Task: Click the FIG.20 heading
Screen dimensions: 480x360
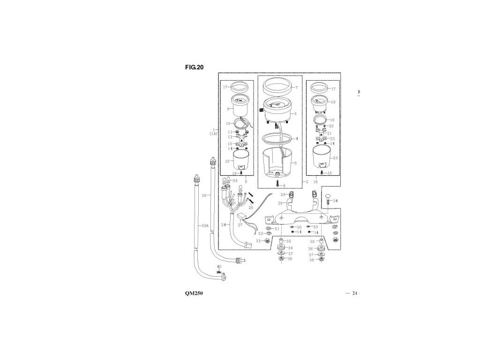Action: pyautogui.click(x=195, y=67)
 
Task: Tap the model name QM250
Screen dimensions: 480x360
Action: pyautogui.click(x=194, y=293)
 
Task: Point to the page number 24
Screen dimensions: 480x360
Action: pyautogui.click(x=354, y=293)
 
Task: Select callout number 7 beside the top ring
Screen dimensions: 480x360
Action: pyautogui.click(x=296, y=88)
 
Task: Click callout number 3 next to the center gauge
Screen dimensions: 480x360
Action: pyautogui.click(x=295, y=113)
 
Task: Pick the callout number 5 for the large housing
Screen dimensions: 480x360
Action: pyautogui.click(x=295, y=163)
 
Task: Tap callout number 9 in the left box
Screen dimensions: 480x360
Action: pyautogui.click(x=228, y=109)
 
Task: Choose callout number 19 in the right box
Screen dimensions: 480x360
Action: pyautogui.click(x=334, y=102)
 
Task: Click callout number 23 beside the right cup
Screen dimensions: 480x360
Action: pyautogui.click(x=335, y=158)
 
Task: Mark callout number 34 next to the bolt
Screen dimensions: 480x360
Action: pyautogui.click(x=335, y=201)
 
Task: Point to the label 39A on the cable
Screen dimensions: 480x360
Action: pyautogui.click(x=204, y=226)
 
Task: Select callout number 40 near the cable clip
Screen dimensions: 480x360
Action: pyautogui.click(x=219, y=267)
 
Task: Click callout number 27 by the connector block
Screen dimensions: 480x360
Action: pyautogui.click(x=240, y=225)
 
